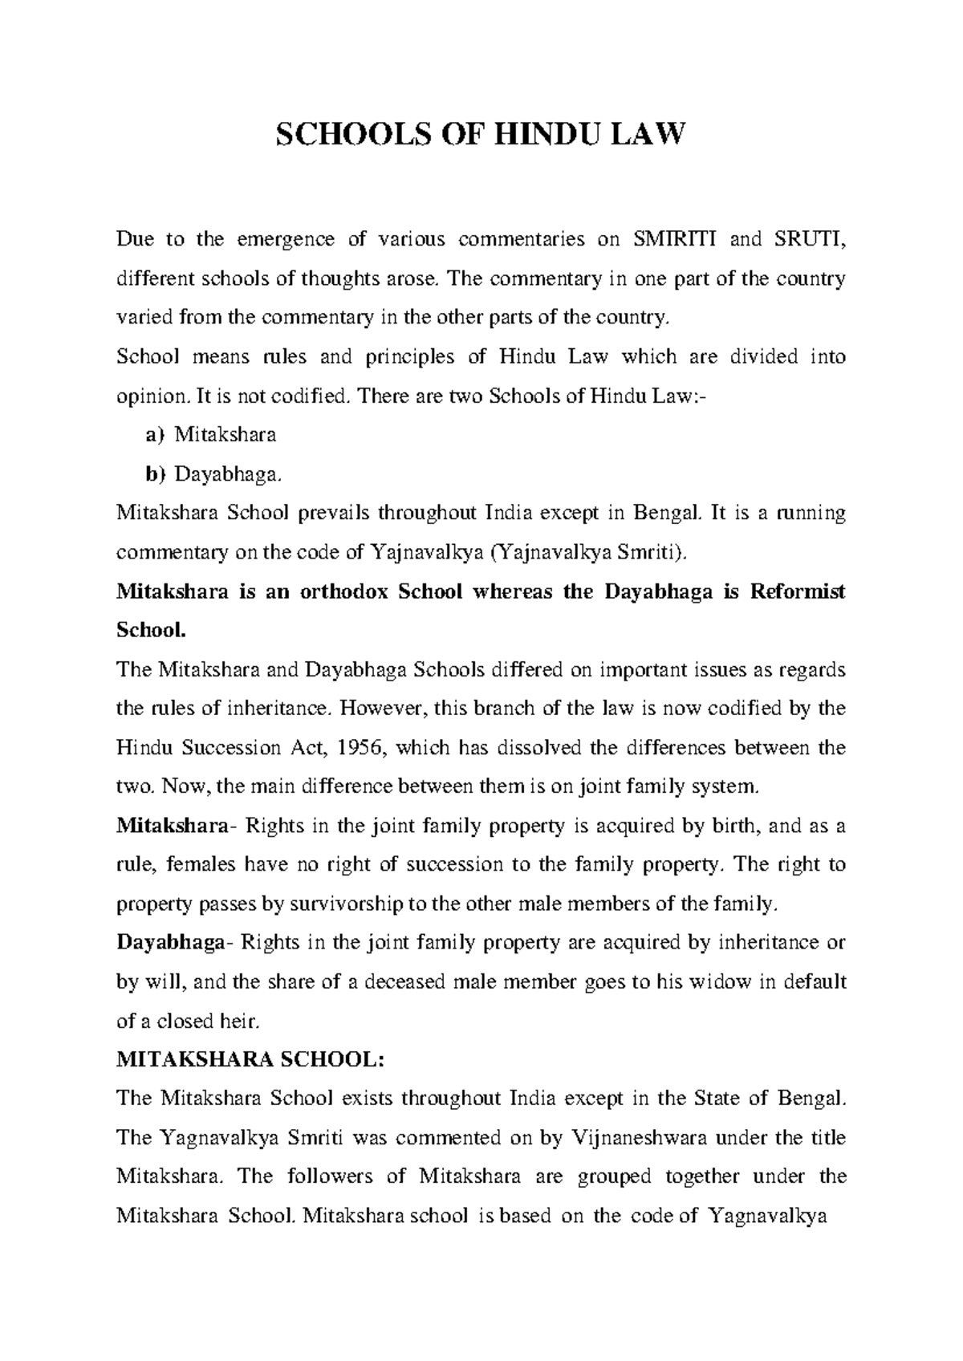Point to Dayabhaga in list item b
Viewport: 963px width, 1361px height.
(x=228, y=474)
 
